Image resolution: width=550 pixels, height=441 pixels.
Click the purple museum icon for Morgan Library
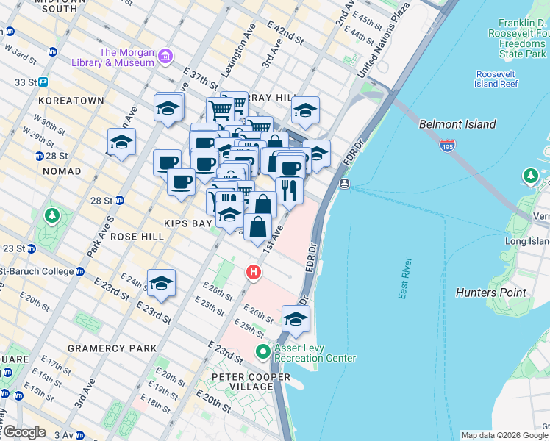(x=165, y=57)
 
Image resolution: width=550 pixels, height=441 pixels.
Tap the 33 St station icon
(x=43, y=82)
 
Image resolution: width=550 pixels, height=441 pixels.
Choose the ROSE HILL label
(x=135, y=237)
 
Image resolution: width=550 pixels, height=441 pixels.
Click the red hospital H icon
(x=254, y=273)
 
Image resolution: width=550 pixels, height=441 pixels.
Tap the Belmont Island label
(x=457, y=124)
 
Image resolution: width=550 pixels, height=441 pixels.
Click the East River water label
(x=404, y=279)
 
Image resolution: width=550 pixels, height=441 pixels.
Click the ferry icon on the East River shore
(x=344, y=183)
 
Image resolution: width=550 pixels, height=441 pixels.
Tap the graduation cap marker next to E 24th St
(x=161, y=283)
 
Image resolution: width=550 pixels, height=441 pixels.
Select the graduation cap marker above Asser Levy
(x=296, y=319)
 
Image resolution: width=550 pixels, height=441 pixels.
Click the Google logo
(x=24, y=432)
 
